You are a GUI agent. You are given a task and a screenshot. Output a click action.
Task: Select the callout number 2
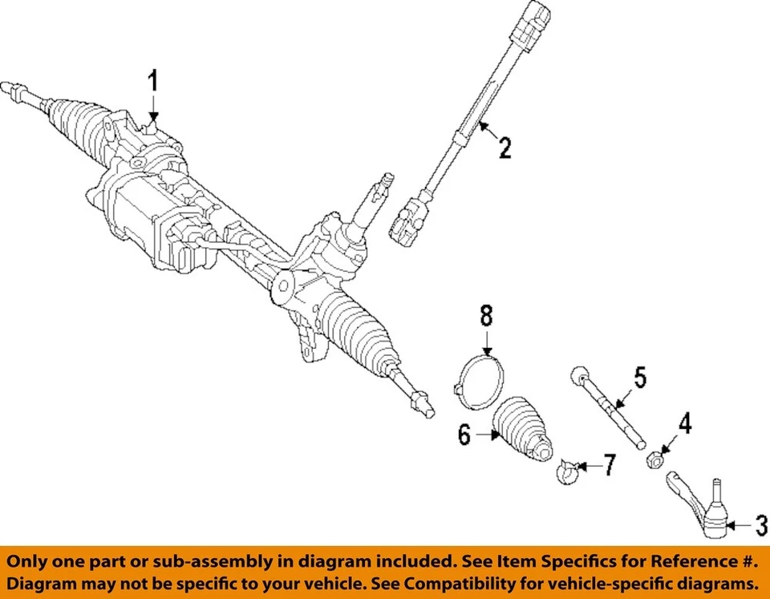click(x=504, y=148)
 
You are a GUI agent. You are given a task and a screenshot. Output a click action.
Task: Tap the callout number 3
click(x=760, y=526)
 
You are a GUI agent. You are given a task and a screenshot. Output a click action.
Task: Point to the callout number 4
click(x=684, y=424)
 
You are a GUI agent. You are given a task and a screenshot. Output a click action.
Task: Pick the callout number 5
click(x=639, y=376)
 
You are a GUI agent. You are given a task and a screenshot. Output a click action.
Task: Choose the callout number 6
click(x=464, y=435)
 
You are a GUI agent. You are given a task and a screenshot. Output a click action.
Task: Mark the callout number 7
click(x=610, y=465)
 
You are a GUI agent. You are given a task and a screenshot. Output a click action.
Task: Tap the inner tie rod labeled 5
click(x=610, y=409)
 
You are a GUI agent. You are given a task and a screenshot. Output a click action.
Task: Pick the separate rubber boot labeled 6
click(x=521, y=429)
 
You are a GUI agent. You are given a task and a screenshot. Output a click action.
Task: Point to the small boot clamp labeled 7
click(x=567, y=471)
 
